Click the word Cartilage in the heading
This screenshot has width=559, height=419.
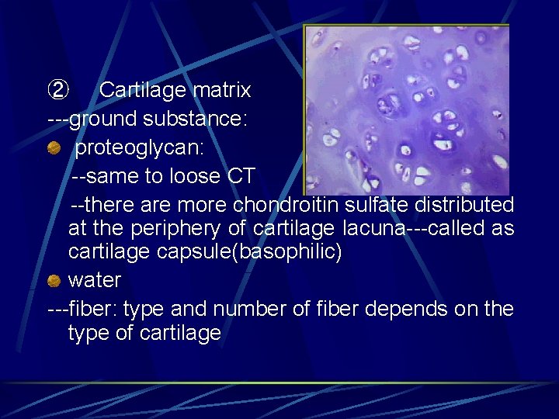[143, 91]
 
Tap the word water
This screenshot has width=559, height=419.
[95, 279]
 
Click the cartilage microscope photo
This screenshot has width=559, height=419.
[406, 109]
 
